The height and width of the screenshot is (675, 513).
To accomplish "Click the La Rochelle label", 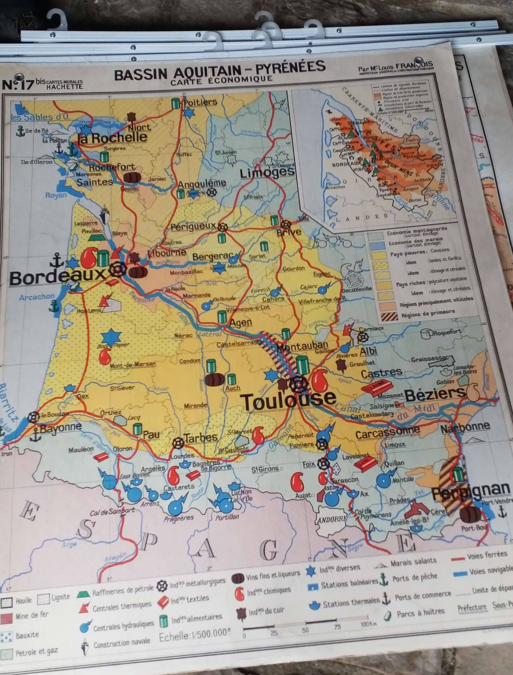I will [x=112, y=137].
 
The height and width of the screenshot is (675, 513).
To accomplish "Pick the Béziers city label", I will [x=435, y=394].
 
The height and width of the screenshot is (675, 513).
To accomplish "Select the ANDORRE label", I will [x=332, y=519].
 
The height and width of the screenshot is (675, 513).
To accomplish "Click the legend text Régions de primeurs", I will [x=428, y=313].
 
